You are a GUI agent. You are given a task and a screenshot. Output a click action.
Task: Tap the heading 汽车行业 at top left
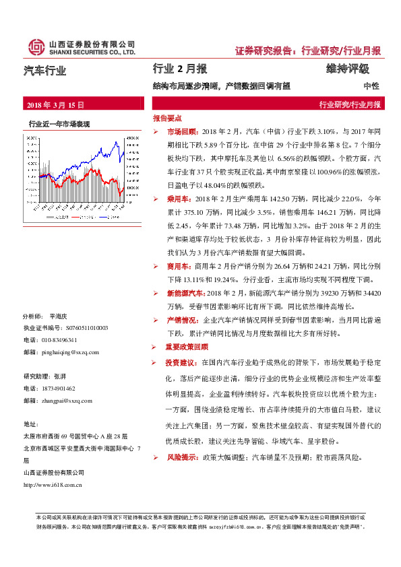(45, 69)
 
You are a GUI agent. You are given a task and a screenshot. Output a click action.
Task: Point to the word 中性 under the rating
(371, 86)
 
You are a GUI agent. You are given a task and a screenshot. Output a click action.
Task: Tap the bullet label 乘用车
(177, 200)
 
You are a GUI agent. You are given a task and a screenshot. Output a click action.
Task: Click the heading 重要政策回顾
(187, 347)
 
